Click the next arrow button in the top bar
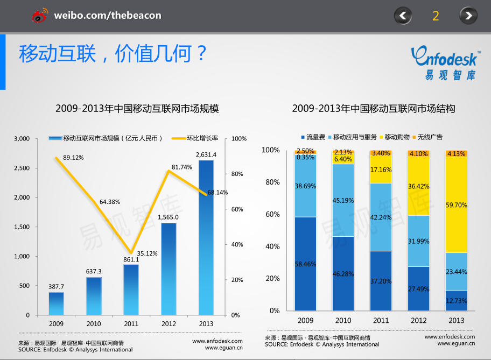point(468,16)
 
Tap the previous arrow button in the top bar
point(403,16)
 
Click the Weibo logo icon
point(40,16)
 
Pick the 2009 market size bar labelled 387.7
point(56,303)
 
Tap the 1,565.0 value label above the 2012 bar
point(169,217)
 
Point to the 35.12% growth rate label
point(147,253)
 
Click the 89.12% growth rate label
point(73,158)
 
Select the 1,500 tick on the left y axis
point(22,227)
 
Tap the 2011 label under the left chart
point(131,324)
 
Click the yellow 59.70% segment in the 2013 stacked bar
point(456,205)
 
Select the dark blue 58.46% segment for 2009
point(305,264)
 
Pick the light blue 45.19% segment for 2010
point(343,200)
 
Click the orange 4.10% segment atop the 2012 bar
point(418,153)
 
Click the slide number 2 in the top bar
point(436,16)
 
